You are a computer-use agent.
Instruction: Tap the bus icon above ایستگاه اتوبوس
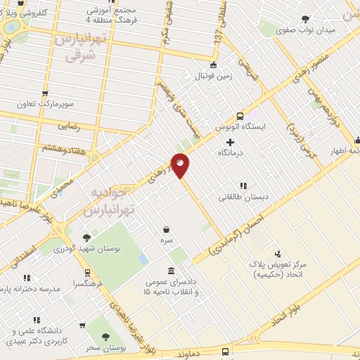[240, 116]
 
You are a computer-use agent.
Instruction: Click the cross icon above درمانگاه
[230, 142]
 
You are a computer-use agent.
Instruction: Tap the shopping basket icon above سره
[166, 229]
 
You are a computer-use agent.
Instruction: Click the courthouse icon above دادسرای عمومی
[172, 271]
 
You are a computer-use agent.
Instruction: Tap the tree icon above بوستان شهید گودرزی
[86, 238]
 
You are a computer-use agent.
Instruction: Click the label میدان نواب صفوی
[304, 30]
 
